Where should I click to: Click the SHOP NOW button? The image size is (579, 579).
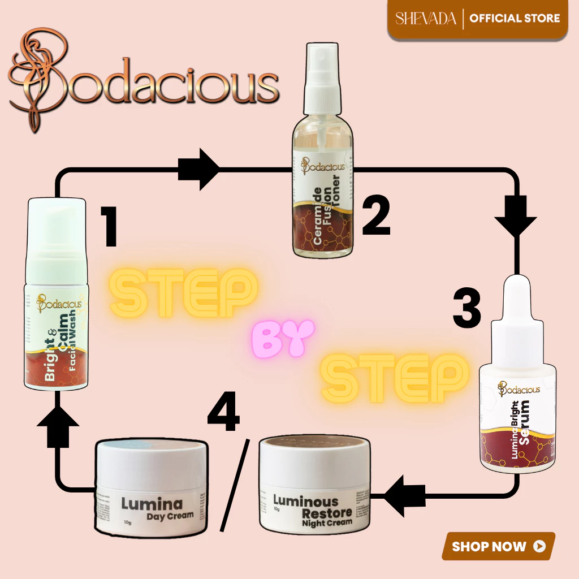coord(498,546)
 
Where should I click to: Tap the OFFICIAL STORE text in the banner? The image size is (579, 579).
coord(515,18)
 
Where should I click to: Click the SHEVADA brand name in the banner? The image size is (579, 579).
coord(426,18)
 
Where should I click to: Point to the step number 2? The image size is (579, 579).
coord(376,215)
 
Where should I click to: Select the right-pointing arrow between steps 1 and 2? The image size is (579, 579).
coord(199,168)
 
